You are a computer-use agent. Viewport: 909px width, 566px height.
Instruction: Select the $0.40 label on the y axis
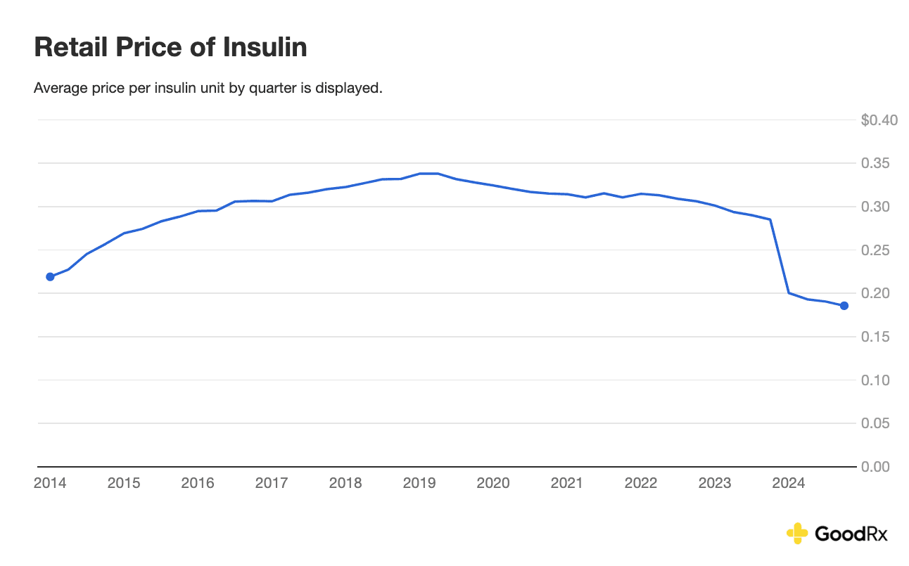(879, 120)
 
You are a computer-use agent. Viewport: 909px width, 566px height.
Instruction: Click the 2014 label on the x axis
(50, 484)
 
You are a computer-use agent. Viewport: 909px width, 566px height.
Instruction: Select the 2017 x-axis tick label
(272, 484)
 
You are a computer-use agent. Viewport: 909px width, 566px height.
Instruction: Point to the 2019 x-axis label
(419, 484)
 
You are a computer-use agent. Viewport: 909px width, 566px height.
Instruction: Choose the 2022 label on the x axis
(641, 484)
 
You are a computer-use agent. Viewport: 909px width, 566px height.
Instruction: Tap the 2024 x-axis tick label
(789, 484)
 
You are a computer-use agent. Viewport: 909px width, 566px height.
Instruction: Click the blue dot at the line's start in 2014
(50, 277)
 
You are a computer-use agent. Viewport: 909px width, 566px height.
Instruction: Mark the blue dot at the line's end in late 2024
(844, 306)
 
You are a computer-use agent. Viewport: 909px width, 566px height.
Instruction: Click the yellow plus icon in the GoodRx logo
(797, 534)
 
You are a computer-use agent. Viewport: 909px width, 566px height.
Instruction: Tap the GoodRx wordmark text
(851, 534)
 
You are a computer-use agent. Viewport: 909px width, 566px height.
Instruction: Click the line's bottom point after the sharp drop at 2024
(789, 292)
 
